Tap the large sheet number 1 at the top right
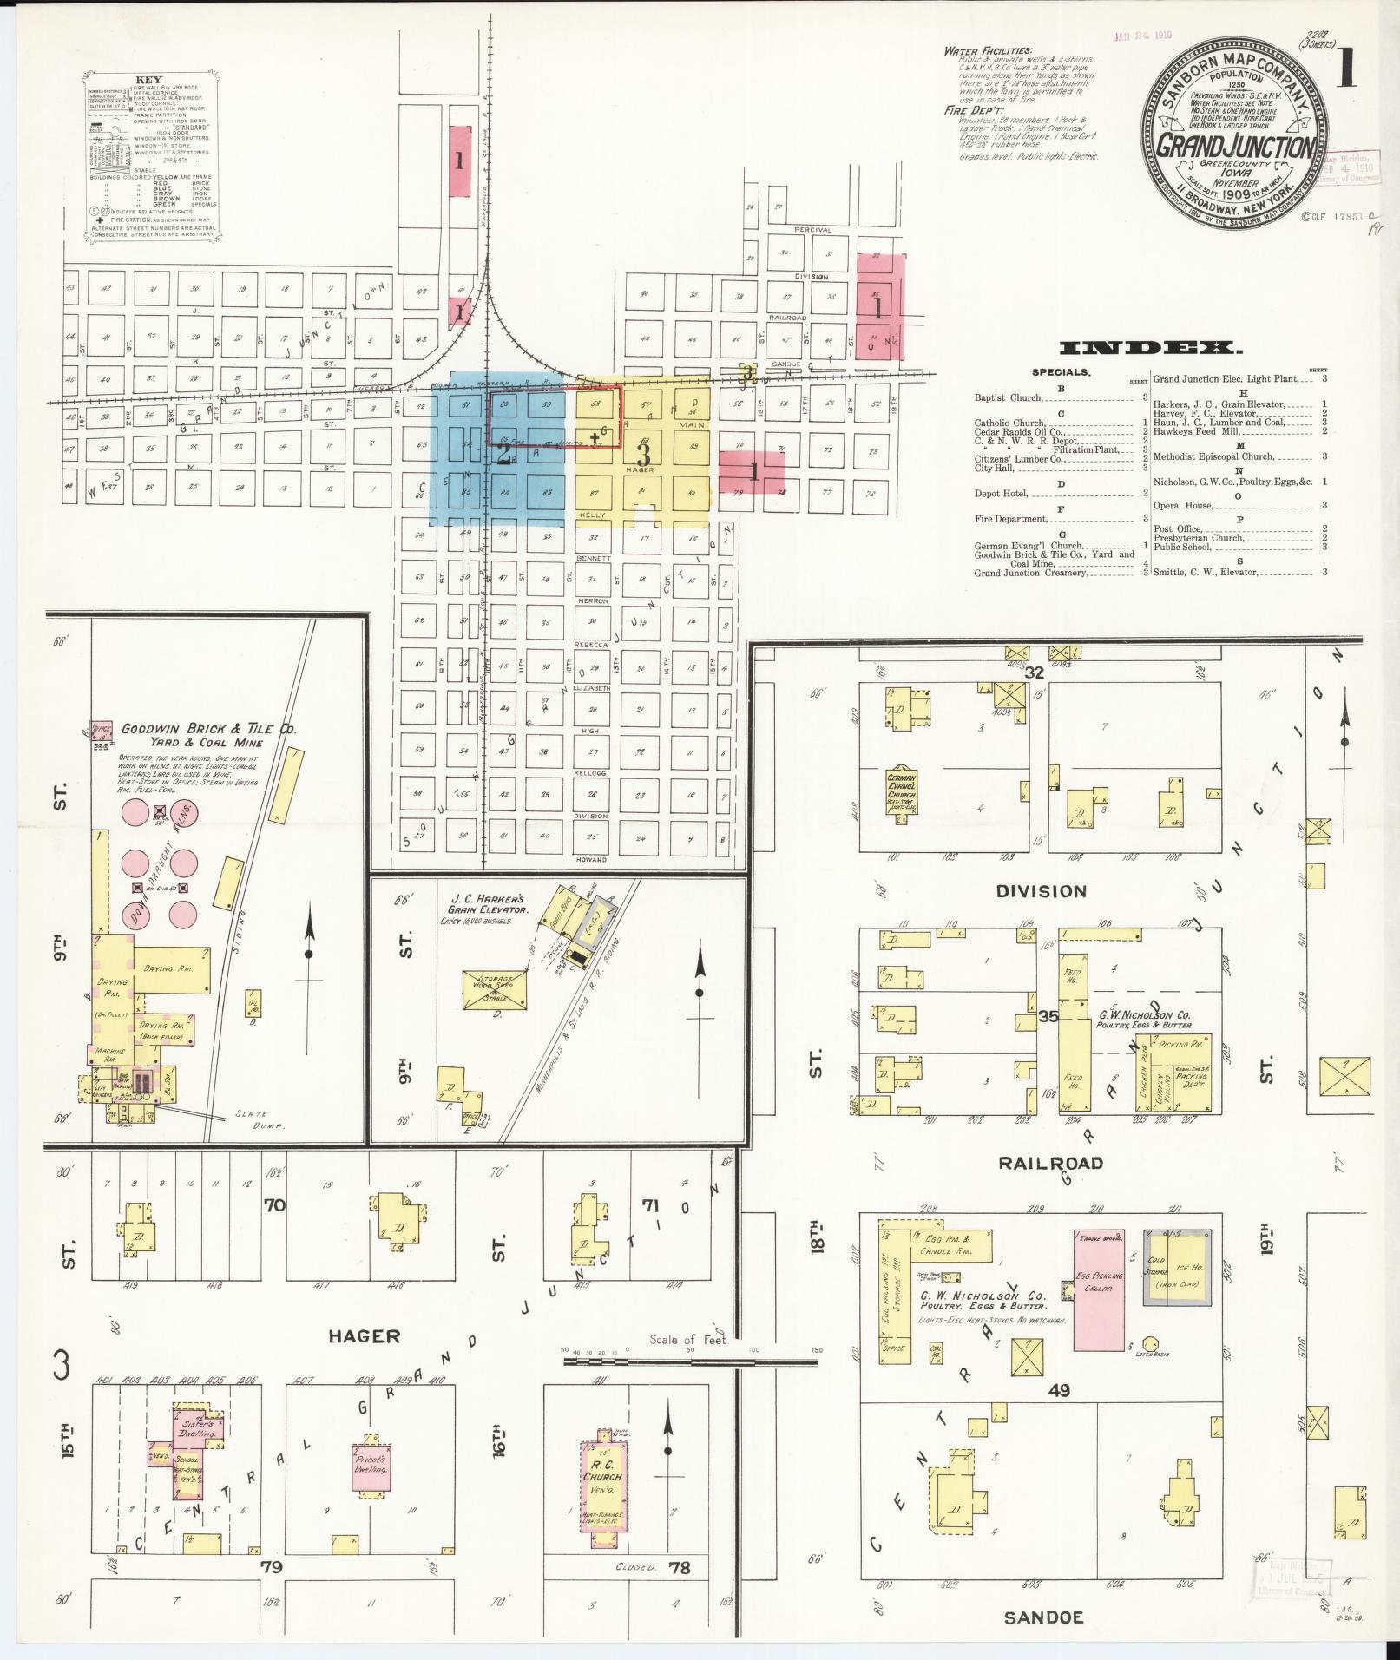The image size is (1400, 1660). pyautogui.click(x=1346, y=68)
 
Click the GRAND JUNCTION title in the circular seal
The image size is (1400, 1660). pyautogui.click(x=1236, y=145)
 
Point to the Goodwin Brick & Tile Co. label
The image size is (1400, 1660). pyautogui.click(x=208, y=729)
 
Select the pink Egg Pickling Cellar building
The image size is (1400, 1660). pyautogui.click(x=1099, y=1302)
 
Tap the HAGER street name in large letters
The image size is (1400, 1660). pyautogui.click(x=364, y=1336)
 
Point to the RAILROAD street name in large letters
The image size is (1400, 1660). pyautogui.click(x=1049, y=1163)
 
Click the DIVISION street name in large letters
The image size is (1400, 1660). pyautogui.click(x=1041, y=891)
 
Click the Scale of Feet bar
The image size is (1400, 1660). pyautogui.click(x=690, y=1361)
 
